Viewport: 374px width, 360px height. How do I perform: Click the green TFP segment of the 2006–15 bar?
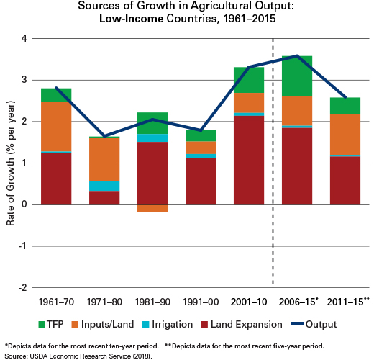click(297, 76)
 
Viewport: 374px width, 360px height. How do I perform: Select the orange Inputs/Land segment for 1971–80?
click(104, 160)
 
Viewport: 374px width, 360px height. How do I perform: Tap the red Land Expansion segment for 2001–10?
click(249, 161)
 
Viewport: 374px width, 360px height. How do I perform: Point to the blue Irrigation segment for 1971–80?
click(104, 186)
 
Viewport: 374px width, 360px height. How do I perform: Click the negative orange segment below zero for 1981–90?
click(152, 208)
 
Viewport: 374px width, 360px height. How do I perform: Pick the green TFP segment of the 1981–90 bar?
click(152, 123)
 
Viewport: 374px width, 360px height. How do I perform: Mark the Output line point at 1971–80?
click(104, 136)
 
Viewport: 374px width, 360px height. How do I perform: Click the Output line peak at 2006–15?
click(297, 56)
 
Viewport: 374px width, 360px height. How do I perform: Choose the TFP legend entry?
click(51, 324)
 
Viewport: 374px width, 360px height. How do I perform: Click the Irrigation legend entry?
click(168, 324)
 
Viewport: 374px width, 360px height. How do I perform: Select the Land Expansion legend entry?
click(242, 324)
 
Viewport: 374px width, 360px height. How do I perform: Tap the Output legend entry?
click(314, 324)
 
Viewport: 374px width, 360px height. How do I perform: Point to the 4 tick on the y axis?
click(24, 38)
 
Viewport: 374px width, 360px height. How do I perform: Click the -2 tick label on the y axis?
click(23, 287)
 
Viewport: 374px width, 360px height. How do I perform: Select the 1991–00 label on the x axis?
click(201, 302)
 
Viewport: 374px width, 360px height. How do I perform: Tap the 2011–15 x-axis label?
click(348, 302)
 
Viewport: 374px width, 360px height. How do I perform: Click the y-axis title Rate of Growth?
click(10, 163)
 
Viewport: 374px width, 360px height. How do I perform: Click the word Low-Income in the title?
click(132, 19)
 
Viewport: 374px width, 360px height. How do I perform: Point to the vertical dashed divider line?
click(273, 161)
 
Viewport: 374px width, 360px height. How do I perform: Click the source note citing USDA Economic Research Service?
click(78, 356)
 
